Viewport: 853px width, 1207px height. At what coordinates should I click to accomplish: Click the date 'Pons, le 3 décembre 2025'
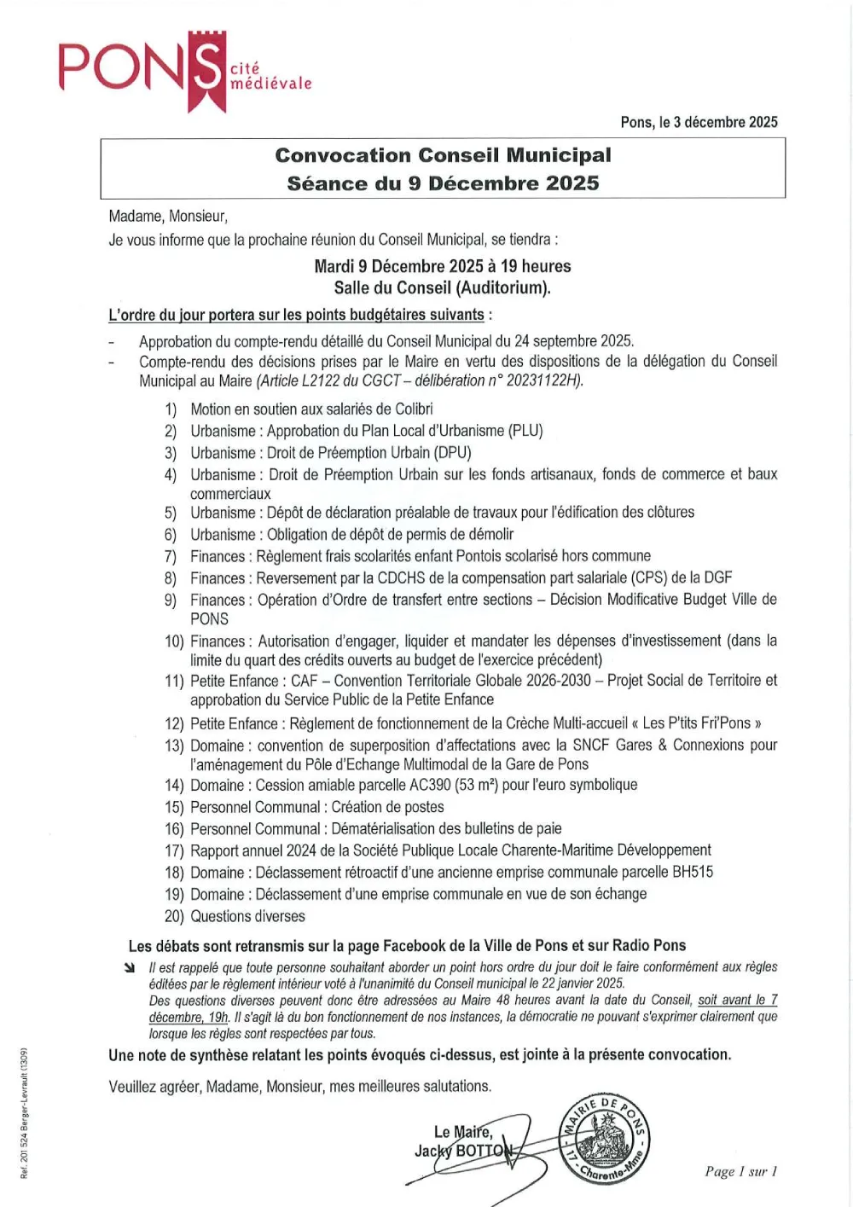tap(699, 122)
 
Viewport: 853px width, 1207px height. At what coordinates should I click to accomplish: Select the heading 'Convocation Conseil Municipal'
tap(443, 155)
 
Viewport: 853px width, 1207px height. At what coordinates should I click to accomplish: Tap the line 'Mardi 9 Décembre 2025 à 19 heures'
tap(442, 266)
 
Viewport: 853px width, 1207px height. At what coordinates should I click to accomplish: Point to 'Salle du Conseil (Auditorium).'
tap(442, 287)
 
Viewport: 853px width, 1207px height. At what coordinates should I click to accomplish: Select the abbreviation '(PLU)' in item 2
tap(525, 431)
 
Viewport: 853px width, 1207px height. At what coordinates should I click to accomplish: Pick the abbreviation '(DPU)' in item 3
tap(452, 453)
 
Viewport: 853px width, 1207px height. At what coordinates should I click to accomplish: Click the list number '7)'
tap(171, 557)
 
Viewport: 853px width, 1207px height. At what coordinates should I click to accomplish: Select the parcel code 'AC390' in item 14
tap(423, 785)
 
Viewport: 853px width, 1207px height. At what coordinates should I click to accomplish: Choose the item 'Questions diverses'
tap(247, 916)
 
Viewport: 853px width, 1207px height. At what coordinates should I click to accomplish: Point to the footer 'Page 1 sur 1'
tap(740, 1171)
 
